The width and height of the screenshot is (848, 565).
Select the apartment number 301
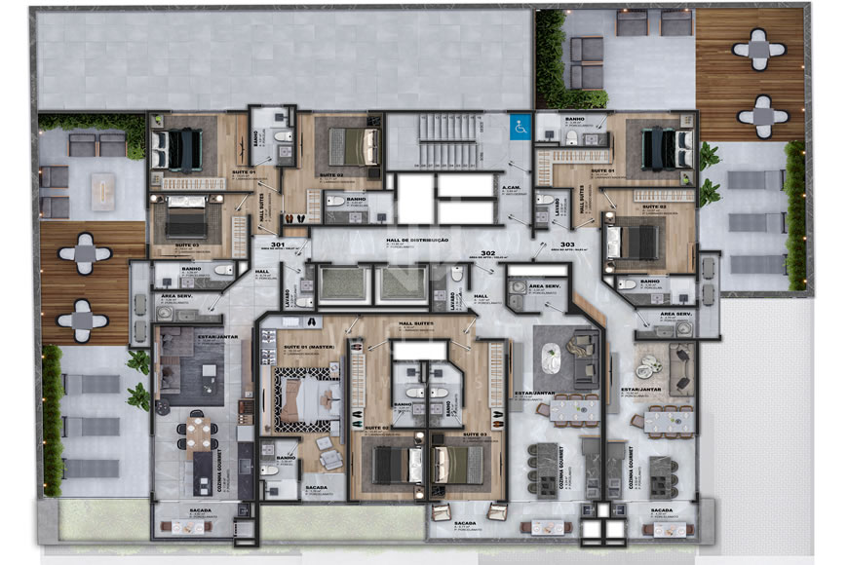[x=278, y=245]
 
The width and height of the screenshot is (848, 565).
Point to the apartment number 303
[x=567, y=245]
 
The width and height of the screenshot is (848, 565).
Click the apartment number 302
[x=488, y=252]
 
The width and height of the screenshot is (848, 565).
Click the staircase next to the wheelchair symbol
[x=447, y=142]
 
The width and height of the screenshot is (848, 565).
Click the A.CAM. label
[x=509, y=188]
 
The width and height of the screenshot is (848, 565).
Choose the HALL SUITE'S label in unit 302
[x=415, y=322]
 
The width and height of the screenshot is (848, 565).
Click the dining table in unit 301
[x=198, y=430]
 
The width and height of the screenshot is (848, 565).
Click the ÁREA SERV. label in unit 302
[x=541, y=287]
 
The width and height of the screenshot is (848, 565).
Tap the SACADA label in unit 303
[x=661, y=510]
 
